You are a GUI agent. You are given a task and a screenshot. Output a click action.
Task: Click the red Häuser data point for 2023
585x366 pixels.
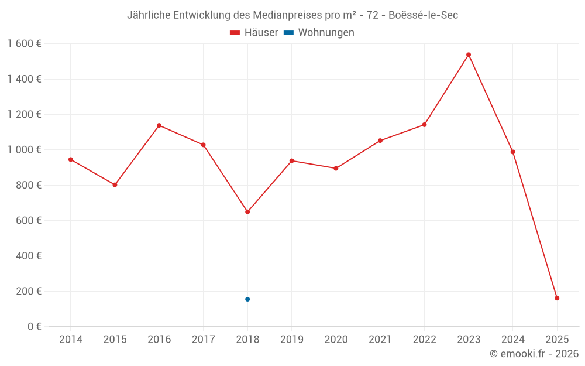469,55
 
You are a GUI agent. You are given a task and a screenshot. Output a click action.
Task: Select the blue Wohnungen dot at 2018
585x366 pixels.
247,299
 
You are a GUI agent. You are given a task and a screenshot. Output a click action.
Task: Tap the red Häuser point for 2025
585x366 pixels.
557,298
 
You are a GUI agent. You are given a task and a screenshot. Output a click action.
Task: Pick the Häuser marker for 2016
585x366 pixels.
159,125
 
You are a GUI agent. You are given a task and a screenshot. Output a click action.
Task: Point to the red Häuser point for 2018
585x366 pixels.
247,212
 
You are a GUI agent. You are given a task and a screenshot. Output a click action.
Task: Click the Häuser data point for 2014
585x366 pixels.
71,159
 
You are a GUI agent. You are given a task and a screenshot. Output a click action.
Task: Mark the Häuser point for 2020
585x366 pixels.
336,169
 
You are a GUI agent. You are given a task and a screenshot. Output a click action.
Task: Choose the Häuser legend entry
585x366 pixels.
254,33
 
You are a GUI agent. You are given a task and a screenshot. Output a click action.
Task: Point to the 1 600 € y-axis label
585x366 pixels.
24,44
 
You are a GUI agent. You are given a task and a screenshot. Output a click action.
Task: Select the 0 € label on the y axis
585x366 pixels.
35,327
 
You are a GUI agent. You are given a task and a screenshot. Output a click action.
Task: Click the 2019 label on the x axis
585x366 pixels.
291,340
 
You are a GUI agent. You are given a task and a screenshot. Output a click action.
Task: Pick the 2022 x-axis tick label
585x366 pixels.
424,340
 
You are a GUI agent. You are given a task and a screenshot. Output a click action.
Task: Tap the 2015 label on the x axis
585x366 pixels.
115,340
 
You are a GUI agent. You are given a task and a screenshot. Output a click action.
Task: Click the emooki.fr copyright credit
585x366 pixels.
534,354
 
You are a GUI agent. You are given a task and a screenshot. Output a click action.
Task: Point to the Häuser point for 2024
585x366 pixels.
512,152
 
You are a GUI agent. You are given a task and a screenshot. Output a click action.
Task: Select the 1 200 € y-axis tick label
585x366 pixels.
24,115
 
